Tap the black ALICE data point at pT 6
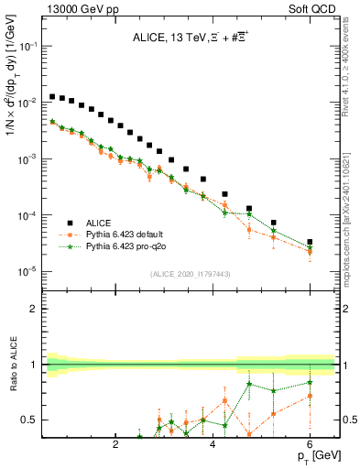[310, 242]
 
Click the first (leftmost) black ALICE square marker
[52, 96]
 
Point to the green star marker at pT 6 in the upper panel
[310, 246]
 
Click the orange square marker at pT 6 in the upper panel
[310, 252]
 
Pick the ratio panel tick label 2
[34, 309]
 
